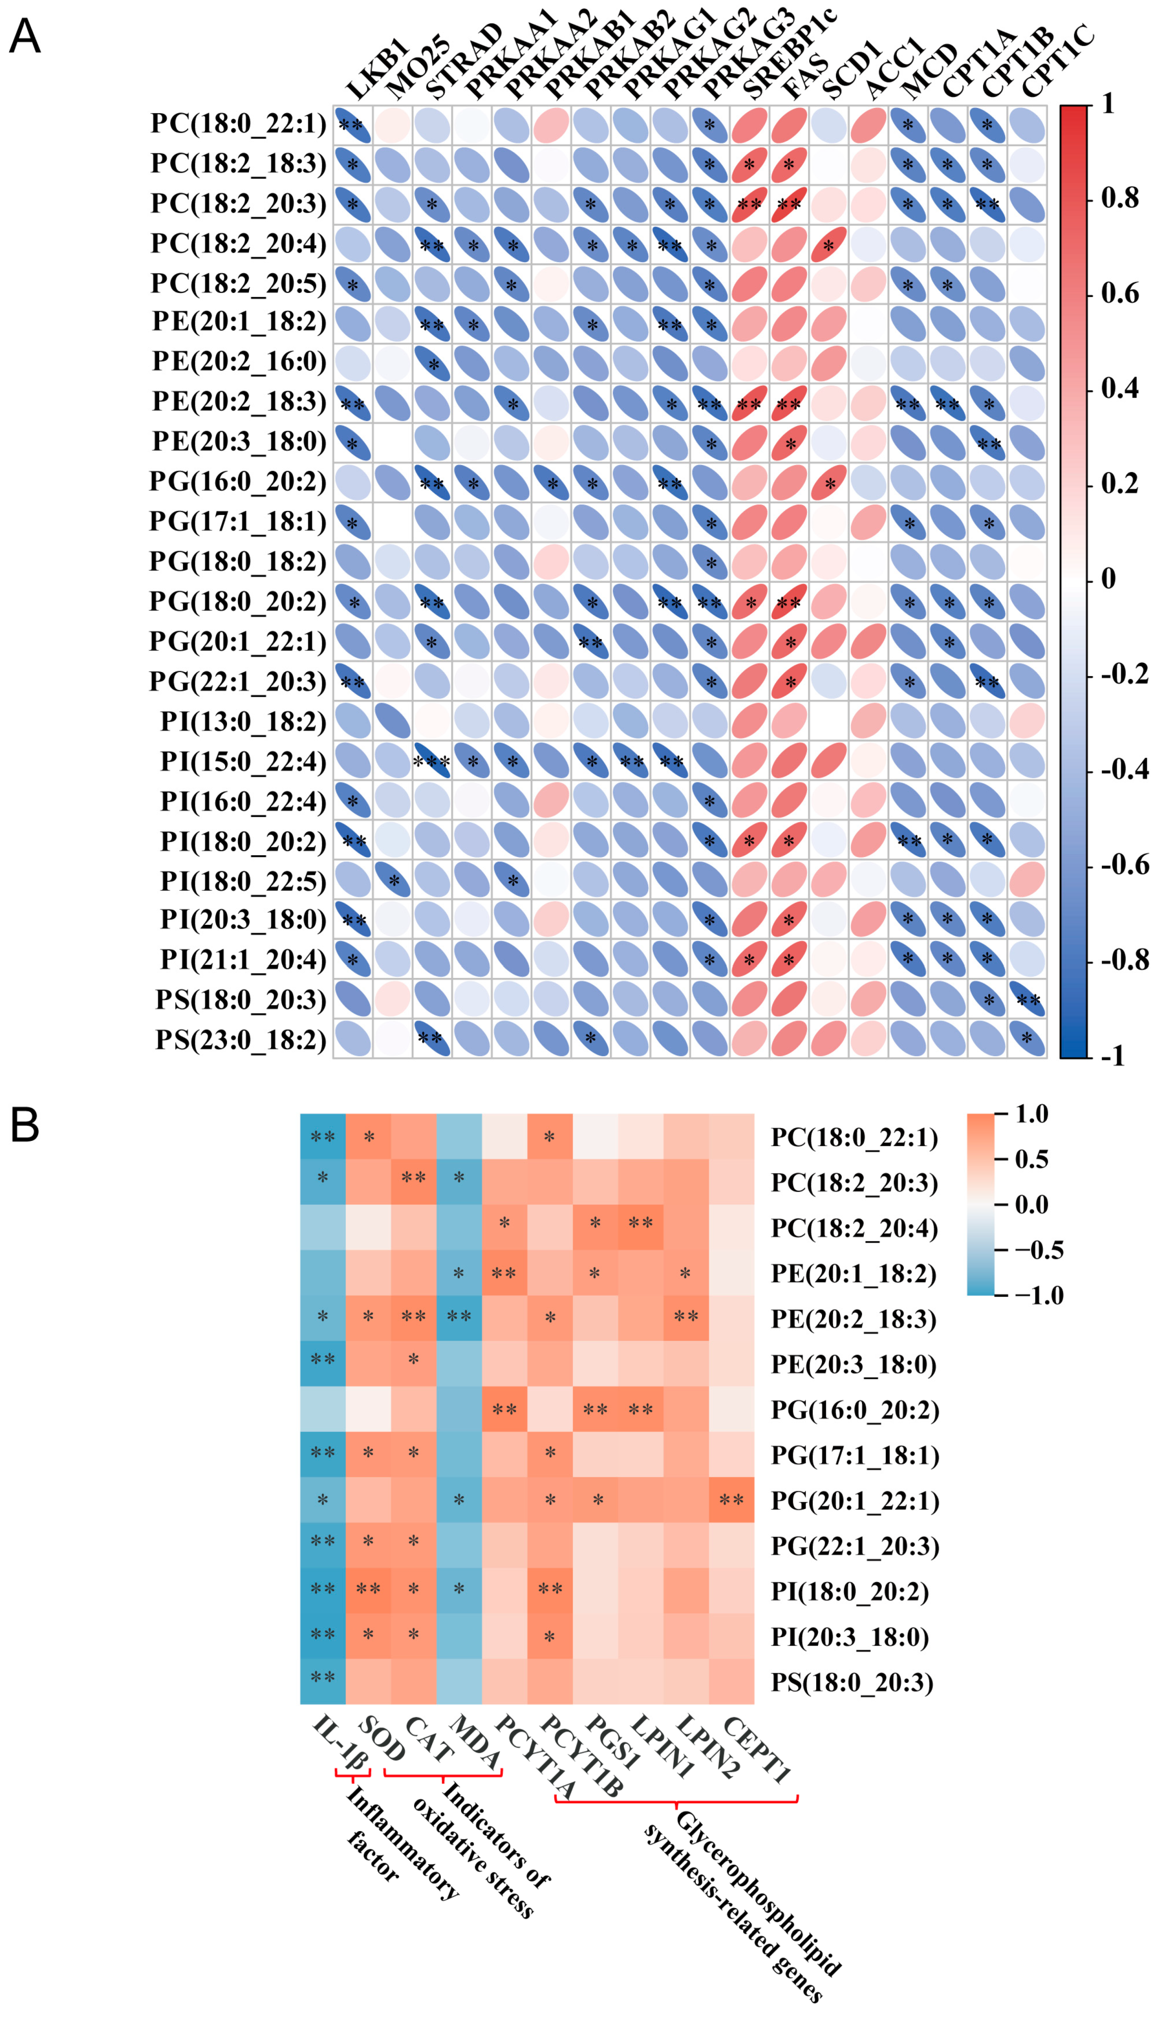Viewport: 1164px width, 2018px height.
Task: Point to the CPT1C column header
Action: pos(1055,60)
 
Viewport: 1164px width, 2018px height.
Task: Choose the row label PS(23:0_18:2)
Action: pos(240,1039)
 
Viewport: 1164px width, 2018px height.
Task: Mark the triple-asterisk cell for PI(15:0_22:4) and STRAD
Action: pos(432,761)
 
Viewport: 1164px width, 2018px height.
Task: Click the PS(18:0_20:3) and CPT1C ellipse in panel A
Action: pos(1027,999)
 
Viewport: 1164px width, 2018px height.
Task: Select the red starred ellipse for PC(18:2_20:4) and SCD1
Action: pos(828,244)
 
